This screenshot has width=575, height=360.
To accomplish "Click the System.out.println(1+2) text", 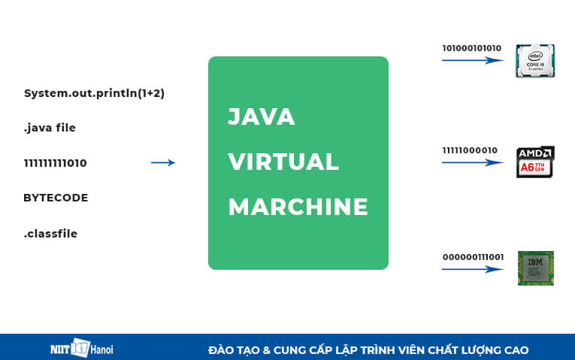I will [94, 93].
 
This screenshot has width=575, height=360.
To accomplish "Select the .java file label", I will [50, 128].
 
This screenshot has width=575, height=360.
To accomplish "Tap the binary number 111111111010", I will [55, 162].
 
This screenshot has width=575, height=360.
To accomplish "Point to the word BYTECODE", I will [56, 198].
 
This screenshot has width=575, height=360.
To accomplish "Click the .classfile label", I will [50, 234].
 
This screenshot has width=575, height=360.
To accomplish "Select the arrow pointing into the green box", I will [163, 162].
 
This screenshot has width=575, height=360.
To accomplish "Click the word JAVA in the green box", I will [261, 117].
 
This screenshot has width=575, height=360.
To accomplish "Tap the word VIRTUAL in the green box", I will [283, 162].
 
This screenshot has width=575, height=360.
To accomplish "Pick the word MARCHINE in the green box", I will [298, 207].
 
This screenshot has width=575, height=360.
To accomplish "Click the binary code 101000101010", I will [471, 48].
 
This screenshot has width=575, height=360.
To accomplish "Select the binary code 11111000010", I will [470, 150].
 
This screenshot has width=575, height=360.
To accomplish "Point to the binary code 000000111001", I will [473, 256].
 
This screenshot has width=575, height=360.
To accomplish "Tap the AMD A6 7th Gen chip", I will [535, 162].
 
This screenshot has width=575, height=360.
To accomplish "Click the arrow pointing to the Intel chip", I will [472, 60].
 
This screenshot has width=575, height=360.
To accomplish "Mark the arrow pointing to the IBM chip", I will [472, 268].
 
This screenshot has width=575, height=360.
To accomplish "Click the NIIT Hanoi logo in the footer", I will [78, 349].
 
